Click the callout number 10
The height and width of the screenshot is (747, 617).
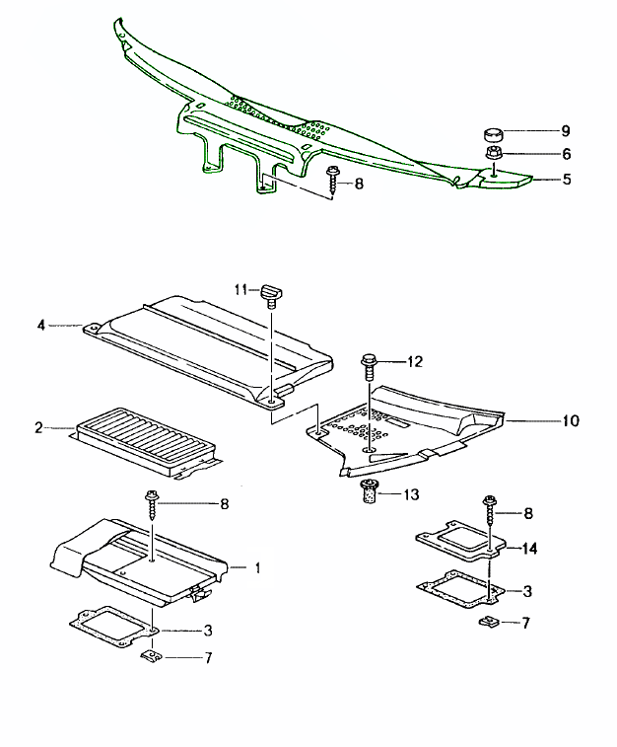571,421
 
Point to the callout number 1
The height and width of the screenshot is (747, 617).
257,568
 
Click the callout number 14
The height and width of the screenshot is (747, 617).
529,547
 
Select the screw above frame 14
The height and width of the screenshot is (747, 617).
491,514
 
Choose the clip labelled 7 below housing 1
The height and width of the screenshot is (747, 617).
152,656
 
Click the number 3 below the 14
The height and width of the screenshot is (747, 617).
528,591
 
